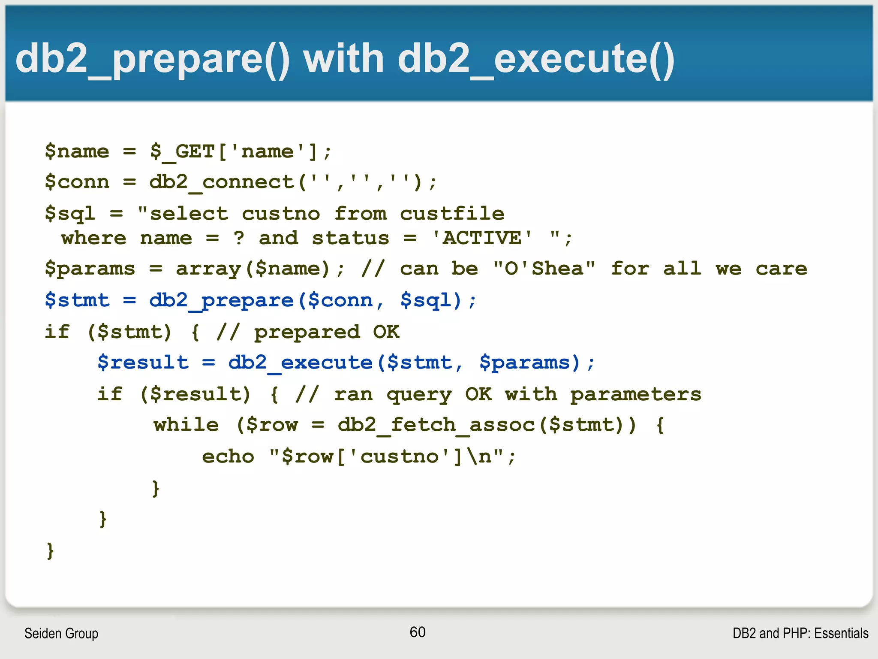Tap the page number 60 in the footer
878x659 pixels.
click(x=417, y=632)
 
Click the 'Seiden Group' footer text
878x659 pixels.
click(x=61, y=633)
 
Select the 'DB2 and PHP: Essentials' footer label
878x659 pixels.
click(x=800, y=633)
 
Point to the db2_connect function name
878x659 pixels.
click(x=221, y=182)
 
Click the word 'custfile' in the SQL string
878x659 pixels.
click(x=452, y=214)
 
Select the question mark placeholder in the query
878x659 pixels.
click(x=239, y=238)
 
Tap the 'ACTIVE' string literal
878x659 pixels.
click(x=482, y=238)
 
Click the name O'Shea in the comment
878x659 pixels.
click(x=544, y=269)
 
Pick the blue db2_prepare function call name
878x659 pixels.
click(x=221, y=300)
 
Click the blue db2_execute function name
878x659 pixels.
click(x=300, y=363)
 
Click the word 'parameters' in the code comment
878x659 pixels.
click(x=635, y=394)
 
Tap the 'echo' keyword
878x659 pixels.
click(x=228, y=456)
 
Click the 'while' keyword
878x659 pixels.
click(x=186, y=425)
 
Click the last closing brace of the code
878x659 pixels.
click(x=50, y=550)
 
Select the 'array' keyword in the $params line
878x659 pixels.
click(x=208, y=269)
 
